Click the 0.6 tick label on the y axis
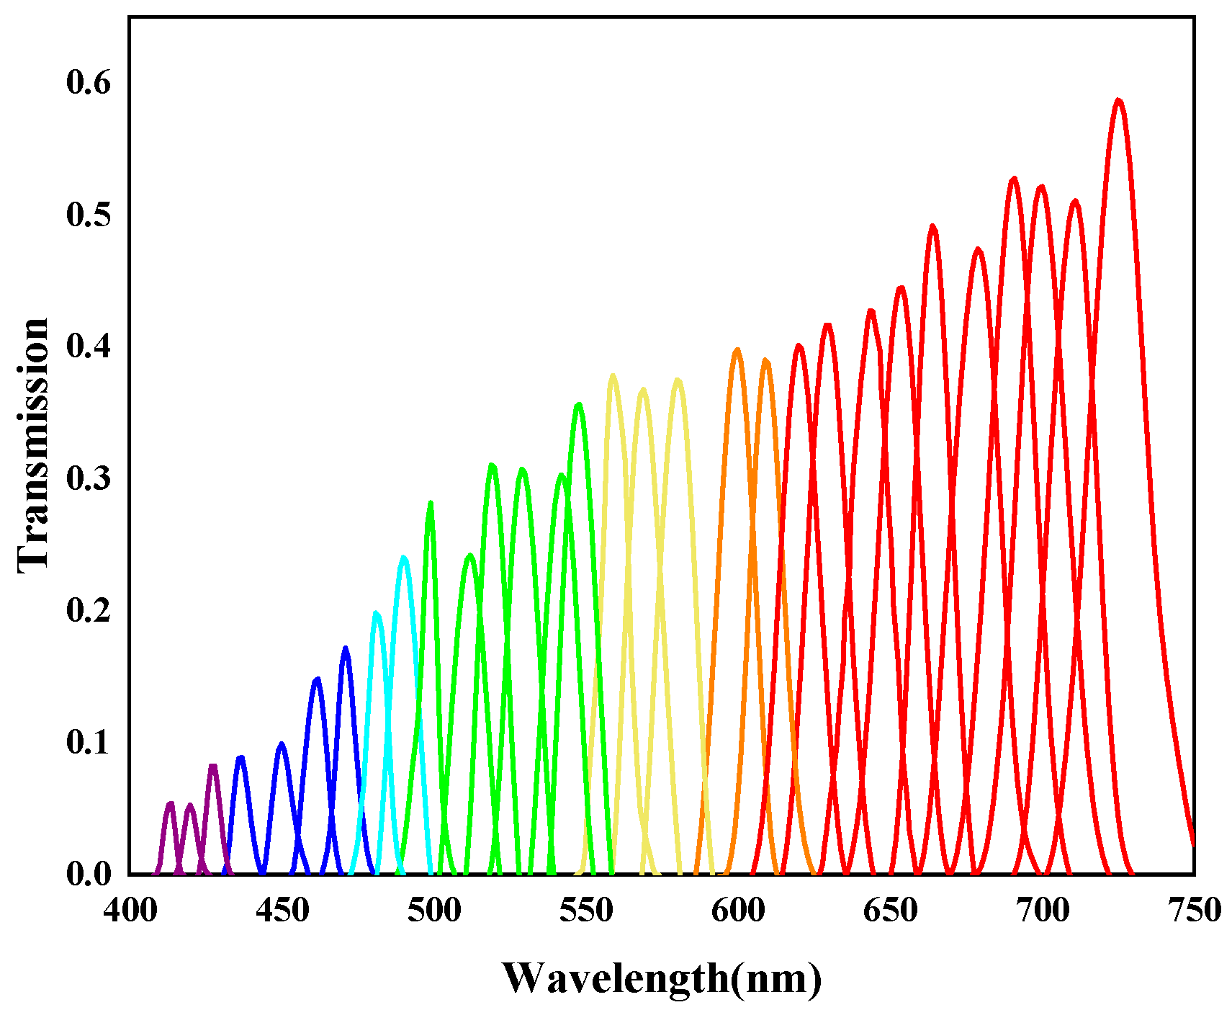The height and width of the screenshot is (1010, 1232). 89,83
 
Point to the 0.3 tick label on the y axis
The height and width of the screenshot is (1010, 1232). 89,478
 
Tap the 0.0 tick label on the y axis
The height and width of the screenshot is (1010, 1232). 89,874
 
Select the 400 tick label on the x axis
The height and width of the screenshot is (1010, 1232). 130,911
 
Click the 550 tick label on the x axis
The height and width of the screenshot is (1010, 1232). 586,911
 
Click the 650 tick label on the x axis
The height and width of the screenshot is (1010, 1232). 890,911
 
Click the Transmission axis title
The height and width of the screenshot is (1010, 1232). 33,445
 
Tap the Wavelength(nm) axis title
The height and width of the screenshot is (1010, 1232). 661,978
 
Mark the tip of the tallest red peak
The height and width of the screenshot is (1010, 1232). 1118,100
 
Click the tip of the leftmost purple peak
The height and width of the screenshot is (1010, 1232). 171,803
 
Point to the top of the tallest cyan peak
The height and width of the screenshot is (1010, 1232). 404,557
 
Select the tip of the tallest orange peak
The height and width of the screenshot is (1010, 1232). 737,349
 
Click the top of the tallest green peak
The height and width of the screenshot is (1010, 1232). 578,404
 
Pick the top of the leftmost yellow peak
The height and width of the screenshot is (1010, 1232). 613,375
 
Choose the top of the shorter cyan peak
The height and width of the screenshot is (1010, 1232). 376,613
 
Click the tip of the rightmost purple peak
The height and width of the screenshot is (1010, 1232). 212,766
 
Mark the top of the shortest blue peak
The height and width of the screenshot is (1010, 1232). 240,757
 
